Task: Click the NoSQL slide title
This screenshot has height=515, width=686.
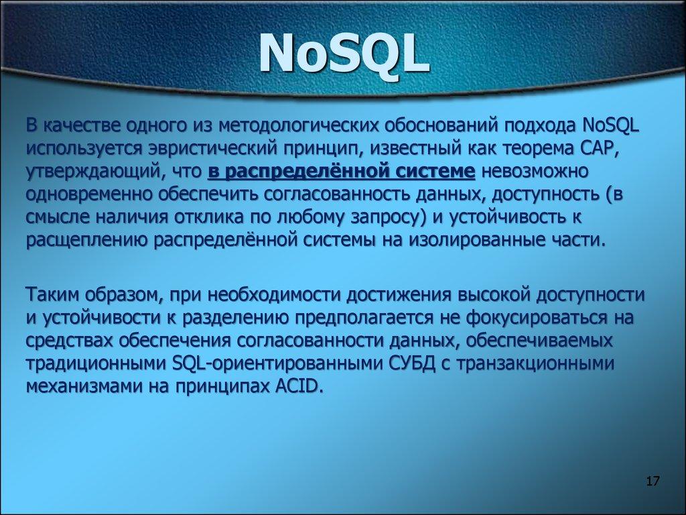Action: pyautogui.click(x=343, y=55)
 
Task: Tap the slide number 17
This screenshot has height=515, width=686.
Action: pyautogui.click(x=653, y=481)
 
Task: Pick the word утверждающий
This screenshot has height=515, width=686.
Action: pyautogui.click(x=92, y=171)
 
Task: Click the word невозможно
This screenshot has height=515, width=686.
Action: pyautogui.click(x=535, y=171)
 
